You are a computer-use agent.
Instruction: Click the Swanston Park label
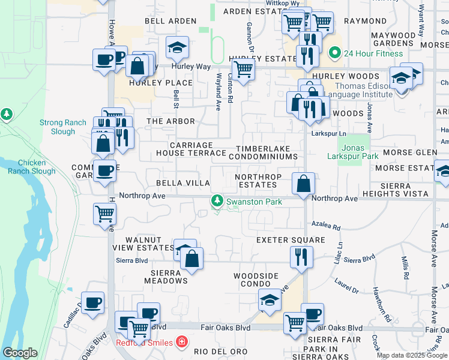(254, 202)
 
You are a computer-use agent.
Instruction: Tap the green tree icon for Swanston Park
(217, 202)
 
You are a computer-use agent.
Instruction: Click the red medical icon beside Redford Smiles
(181, 343)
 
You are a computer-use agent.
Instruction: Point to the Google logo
(20, 353)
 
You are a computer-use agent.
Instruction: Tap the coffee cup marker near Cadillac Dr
(92, 302)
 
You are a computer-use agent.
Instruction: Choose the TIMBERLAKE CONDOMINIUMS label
(267, 152)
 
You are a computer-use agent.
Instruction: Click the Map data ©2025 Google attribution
(412, 355)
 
